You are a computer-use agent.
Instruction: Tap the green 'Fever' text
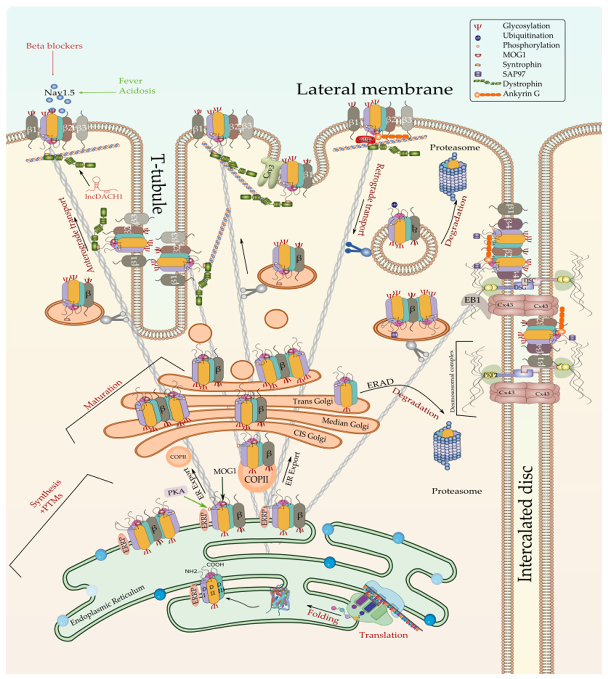131,81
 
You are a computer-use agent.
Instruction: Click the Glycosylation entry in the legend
526,26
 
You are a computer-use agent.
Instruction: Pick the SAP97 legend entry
516,74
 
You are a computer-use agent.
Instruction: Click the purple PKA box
175,492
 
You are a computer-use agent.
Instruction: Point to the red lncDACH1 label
104,196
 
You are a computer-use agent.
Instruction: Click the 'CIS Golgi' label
310,435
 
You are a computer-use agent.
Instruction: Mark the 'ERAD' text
380,383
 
